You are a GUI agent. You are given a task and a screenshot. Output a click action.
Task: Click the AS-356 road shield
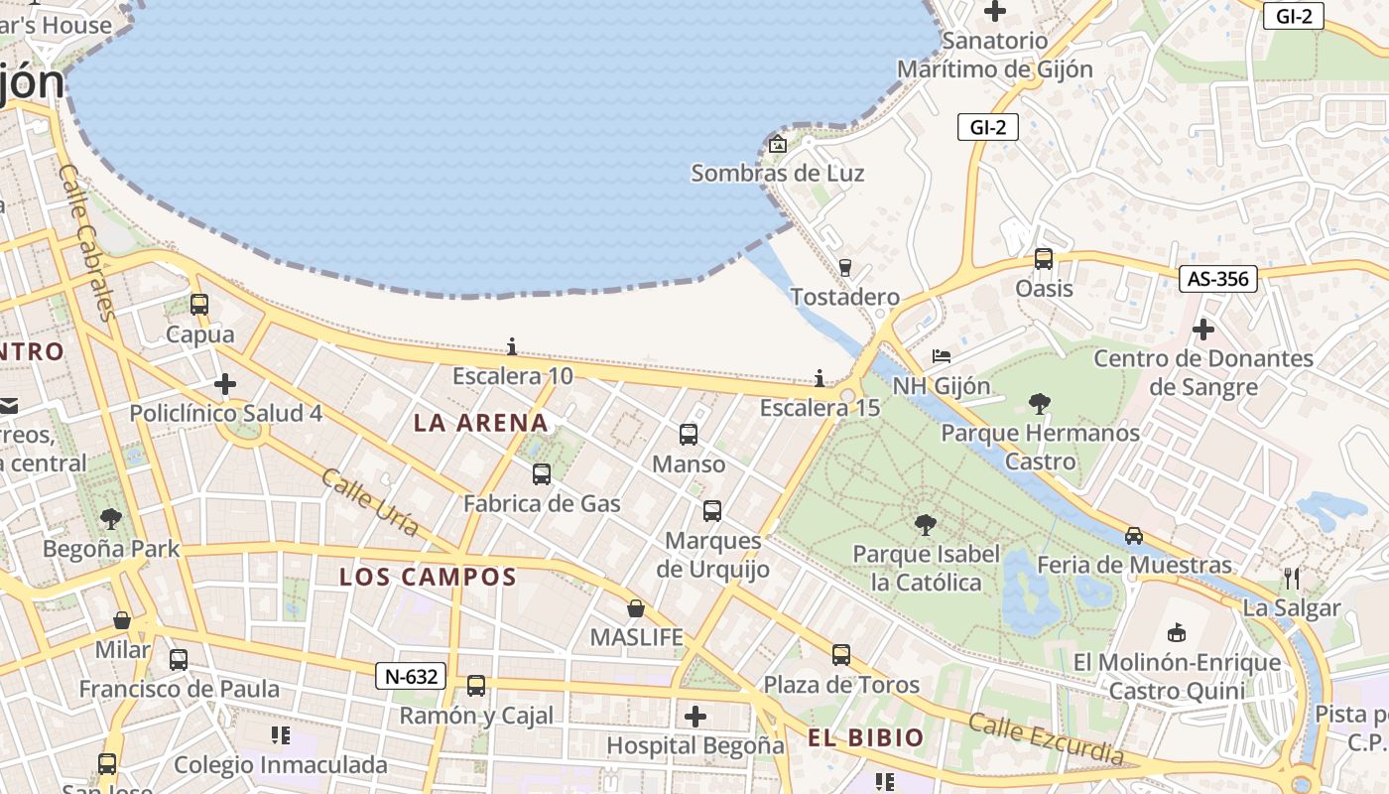[1218, 279]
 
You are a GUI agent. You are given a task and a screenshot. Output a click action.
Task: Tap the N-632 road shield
[411, 677]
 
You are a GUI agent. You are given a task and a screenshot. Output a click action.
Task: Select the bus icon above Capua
[199, 305]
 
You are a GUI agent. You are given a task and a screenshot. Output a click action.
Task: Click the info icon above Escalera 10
[512, 346]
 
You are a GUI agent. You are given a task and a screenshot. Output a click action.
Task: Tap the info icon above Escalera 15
[820, 378]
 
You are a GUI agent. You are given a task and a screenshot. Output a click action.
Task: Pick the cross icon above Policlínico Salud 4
[225, 383]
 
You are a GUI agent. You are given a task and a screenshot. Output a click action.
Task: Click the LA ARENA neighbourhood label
[480, 423]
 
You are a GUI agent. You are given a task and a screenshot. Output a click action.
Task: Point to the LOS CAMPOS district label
[428, 577]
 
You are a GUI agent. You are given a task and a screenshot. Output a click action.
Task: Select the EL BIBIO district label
[865, 737]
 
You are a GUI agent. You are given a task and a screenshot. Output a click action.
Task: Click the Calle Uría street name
[369, 501]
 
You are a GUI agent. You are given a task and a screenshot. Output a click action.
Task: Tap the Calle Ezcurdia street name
[1047, 739]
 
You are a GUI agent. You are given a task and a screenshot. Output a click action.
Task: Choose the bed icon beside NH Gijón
[941, 356]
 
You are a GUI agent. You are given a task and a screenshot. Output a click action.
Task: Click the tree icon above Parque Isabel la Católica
[926, 524]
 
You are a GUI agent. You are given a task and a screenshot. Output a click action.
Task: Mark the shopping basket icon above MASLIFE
[636, 607]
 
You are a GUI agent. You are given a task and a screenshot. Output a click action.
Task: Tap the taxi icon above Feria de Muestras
[1133, 536]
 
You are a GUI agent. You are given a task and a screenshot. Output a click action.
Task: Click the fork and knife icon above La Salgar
[1291, 578]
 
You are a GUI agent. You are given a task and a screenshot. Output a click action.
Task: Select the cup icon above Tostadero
[845, 267]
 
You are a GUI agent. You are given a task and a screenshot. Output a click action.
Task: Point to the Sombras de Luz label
[777, 173]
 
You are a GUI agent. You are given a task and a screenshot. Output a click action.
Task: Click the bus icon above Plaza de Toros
[840, 655]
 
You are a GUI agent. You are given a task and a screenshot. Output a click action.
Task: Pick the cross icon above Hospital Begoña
[695, 716]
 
